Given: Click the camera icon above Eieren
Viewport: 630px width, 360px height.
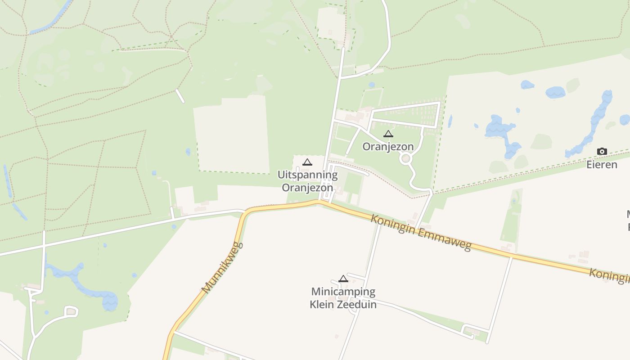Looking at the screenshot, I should point(602,152).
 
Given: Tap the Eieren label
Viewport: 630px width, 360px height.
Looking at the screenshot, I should point(602,165).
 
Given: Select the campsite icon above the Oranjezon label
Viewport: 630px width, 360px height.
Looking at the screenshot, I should point(388,134).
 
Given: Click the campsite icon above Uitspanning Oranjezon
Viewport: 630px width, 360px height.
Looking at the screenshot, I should point(307,162).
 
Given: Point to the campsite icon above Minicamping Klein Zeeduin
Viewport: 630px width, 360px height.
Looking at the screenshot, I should point(343,279).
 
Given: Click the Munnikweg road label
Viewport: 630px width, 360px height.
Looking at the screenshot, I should point(222,268).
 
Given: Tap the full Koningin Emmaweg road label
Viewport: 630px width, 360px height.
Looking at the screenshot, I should point(421,233).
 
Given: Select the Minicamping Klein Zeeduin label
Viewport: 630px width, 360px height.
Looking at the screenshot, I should point(343,298).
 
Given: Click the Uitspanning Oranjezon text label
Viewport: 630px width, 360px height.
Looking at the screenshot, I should point(307,181).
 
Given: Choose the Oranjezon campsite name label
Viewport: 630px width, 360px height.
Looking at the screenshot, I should point(388,147).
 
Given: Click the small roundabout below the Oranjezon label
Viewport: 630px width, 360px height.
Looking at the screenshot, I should point(406,158).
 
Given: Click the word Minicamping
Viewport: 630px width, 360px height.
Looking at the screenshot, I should point(343,292).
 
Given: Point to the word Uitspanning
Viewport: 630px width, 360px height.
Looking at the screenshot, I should point(307,175).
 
